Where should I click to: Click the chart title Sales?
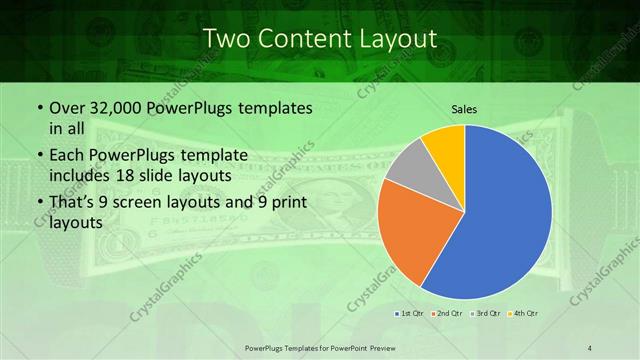pyautogui.click(x=464, y=107)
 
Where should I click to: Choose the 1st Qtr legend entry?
pyautogui.click(x=411, y=314)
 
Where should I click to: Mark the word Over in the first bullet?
pyautogui.click(x=66, y=107)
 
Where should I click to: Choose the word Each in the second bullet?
pyautogui.click(x=67, y=155)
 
